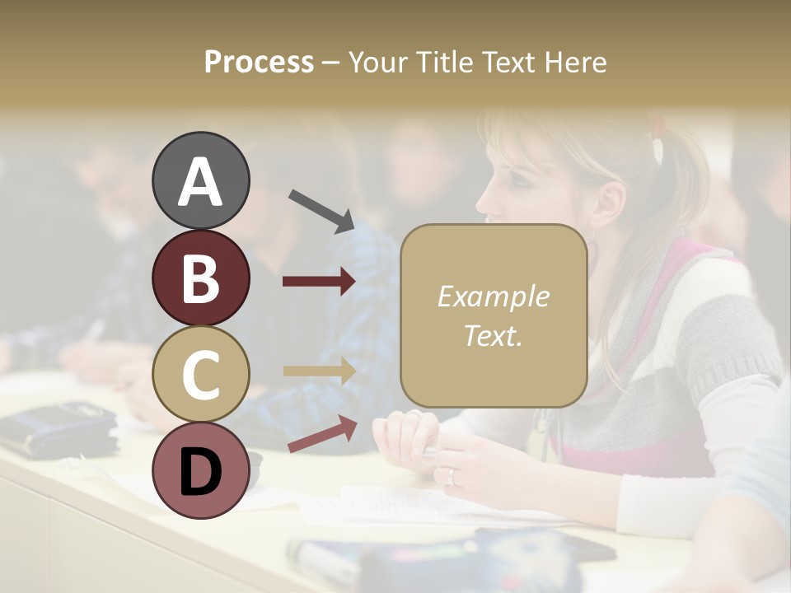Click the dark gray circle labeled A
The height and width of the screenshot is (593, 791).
coord(200,181)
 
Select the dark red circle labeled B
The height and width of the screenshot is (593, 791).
coord(200,278)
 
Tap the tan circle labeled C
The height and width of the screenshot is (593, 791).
coord(200,375)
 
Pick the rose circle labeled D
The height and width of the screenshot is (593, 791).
coord(200,471)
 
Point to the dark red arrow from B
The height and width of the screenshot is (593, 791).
coord(319,281)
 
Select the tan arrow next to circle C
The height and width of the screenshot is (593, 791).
coord(319,371)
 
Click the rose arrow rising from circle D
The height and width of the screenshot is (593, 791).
coord(322,434)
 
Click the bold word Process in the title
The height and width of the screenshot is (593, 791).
coord(259,63)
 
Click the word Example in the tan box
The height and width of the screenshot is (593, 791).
coord(493,297)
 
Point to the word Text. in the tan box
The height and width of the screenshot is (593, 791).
coord(493,336)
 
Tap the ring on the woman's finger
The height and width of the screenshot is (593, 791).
coord(451,476)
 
